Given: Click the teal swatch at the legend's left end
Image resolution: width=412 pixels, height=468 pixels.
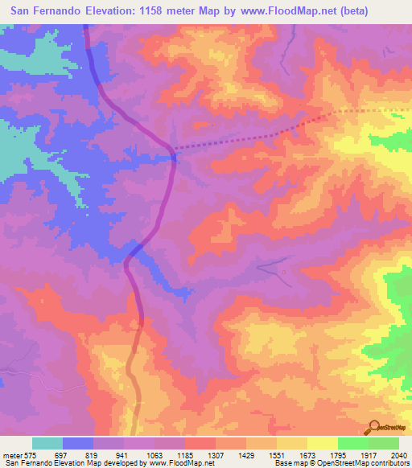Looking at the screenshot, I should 47,443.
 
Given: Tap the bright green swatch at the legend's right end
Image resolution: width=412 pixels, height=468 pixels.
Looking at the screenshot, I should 384,443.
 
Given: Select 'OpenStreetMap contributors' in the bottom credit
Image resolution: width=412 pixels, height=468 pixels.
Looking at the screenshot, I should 363,463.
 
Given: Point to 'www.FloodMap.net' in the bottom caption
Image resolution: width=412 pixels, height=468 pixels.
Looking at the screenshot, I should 176,463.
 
